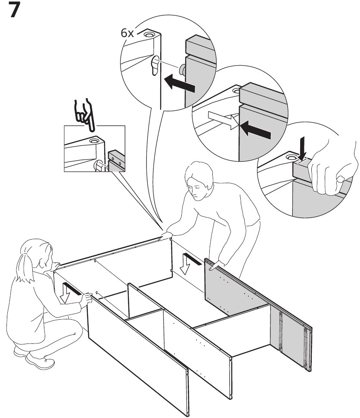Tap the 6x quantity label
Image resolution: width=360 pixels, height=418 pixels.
(x=127, y=33)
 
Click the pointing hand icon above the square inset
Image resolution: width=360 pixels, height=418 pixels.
(x=84, y=115)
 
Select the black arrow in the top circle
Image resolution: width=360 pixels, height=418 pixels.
(x=179, y=83)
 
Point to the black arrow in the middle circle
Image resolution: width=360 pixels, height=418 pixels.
(x=255, y=129)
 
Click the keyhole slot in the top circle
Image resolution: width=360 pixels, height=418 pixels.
(x=155, y=66)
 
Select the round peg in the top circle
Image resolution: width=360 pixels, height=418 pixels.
(x=183, y=69)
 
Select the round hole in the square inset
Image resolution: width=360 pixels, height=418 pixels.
(x=93, y=140)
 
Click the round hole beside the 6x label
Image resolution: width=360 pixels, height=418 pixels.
(x=149, y=34)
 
